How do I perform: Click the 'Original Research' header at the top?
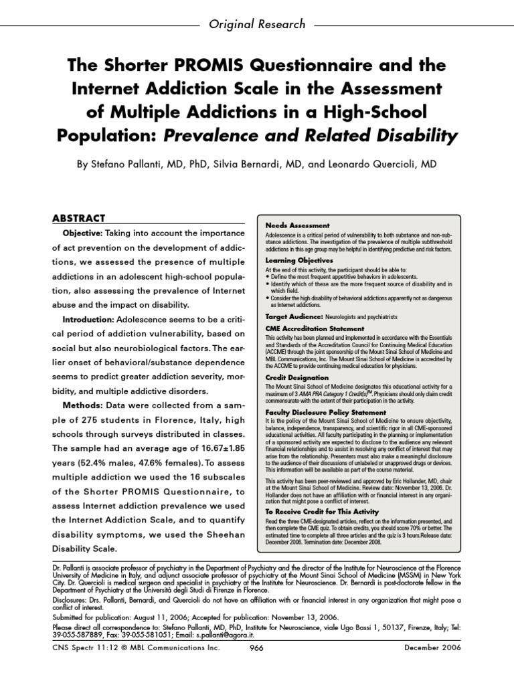click(x=257, y=24)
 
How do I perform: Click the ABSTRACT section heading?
click(x=79, y=218)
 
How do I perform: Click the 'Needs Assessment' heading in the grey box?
click(x=297, y=226)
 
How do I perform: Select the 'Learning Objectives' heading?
click(x=299, y=260)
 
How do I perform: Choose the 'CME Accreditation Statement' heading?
click(x=315, y=329)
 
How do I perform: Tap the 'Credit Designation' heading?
click(x=294, y=377)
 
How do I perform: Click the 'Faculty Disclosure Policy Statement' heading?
click(x=325, y=413)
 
